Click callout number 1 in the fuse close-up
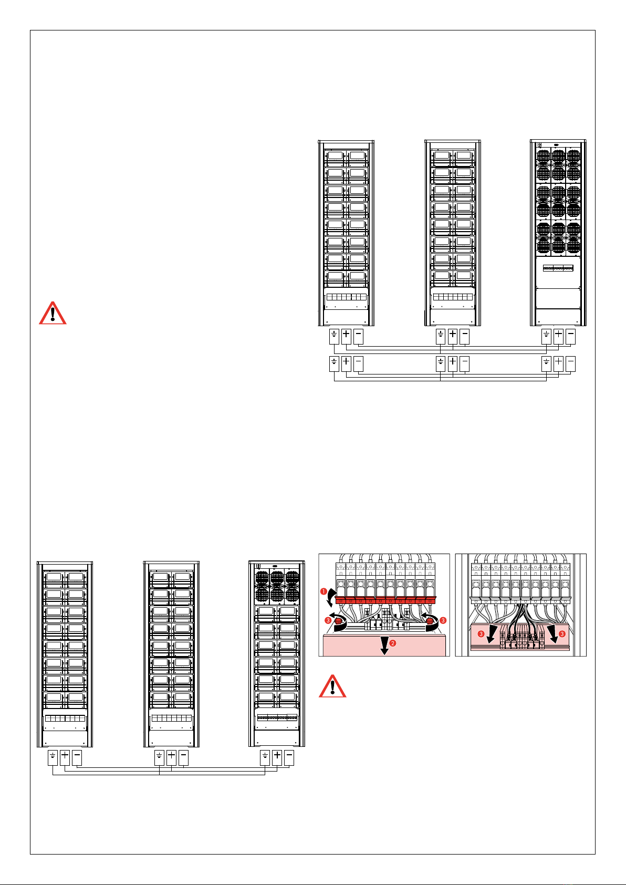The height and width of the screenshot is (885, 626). [324, 591]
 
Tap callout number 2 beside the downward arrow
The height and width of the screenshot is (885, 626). [393, 643]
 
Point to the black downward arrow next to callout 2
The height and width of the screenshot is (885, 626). [384, 645]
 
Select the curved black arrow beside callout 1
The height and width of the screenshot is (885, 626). [331, 597]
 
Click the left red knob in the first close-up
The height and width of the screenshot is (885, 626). [338, 622]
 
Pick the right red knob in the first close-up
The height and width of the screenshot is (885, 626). [430, 622]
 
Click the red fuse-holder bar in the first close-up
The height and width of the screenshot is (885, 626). [385, 600]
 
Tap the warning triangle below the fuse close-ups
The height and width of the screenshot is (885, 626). [332, 686]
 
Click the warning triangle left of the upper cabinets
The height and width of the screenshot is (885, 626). [53, 314]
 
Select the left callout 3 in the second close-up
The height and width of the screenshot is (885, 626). [481, 634]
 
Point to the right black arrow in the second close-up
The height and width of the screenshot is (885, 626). [553, 633]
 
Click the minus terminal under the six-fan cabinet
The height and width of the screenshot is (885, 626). [289, 757]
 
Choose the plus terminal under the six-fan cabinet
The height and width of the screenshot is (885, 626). [277, 757]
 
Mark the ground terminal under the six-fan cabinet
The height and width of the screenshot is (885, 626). [265, 757]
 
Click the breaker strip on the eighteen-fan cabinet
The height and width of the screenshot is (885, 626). [558, 268]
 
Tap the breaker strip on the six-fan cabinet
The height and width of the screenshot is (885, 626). [277, 717]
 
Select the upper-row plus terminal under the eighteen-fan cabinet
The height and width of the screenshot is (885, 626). [558, 336]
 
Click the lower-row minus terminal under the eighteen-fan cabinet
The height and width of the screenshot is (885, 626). [571, 364]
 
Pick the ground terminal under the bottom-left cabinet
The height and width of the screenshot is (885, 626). [53, 757]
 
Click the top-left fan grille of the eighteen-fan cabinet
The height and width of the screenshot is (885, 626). [543, 155]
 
